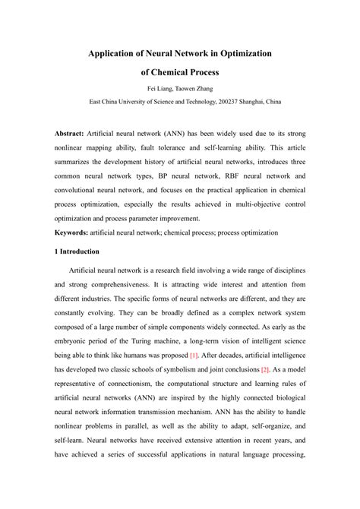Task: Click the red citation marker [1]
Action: click(x=194, y=355)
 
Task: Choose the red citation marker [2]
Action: click(x=265, y=369)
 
